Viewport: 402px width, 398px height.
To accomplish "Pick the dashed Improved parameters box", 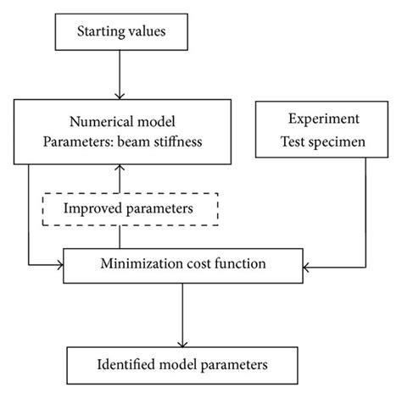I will [131, 207].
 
